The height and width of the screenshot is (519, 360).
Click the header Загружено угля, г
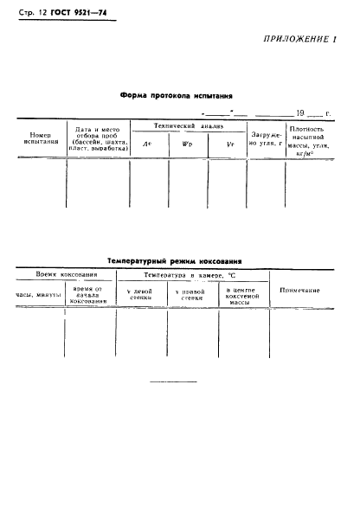pos(260,138)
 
